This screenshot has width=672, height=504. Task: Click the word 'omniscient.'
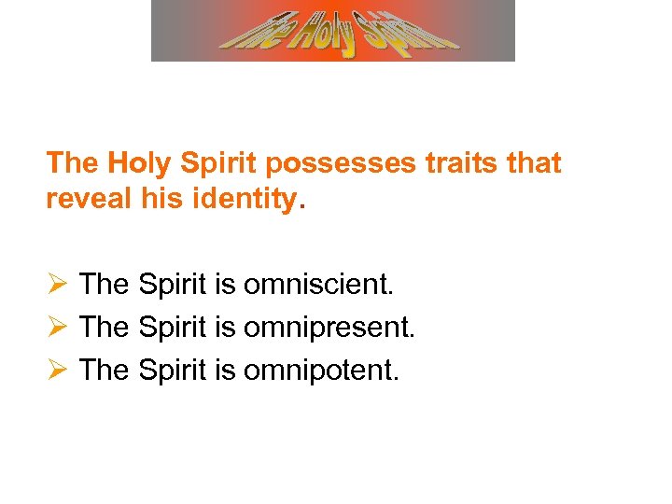coord(318,284)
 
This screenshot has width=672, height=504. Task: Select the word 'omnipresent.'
coord(329,327)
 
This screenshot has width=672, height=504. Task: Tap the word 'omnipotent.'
coord(320,370)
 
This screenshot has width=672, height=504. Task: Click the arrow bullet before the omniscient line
coord(55,284)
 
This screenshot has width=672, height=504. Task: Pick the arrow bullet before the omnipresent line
coord(55,327)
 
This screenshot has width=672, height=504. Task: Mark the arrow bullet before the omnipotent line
coord(55,370)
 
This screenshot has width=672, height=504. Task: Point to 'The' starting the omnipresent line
coord(104,327)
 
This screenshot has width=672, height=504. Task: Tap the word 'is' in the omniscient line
coord(224,284)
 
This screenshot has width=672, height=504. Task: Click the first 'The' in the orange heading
coord(72,163)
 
